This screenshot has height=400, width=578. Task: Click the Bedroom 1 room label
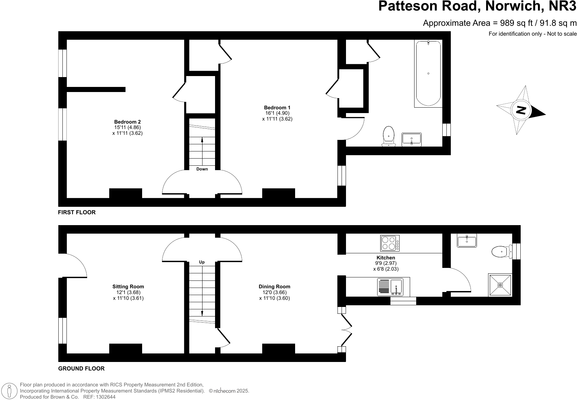click(x=277, y=108)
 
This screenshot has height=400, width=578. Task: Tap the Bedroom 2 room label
click(x=127, y=122)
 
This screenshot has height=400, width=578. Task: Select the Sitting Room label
click(x=128, y=287)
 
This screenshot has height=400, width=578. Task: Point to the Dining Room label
click(x=274, y=287)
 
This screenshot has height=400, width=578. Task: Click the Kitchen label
click(x=386, y=258)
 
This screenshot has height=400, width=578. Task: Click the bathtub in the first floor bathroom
click(x=428, y=73)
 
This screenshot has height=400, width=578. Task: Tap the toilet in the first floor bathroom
click(x=389, y=136)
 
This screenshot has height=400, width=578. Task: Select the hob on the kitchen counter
click(x=390, y=243)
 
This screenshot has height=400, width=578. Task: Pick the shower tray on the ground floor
click(x=500, y=285)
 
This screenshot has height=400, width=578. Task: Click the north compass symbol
click(x=521, y=110)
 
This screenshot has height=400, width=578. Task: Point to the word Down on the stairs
click(x=202, y=169)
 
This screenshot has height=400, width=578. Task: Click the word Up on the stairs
click(x=202, y=262)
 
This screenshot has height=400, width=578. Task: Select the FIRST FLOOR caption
click(x=77, y=213)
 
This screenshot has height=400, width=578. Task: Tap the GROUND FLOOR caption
click(x=81, y=368)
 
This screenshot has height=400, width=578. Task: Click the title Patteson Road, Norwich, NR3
click(x=477, y=6)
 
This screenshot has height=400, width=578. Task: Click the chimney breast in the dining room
click(x=278, y=349)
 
